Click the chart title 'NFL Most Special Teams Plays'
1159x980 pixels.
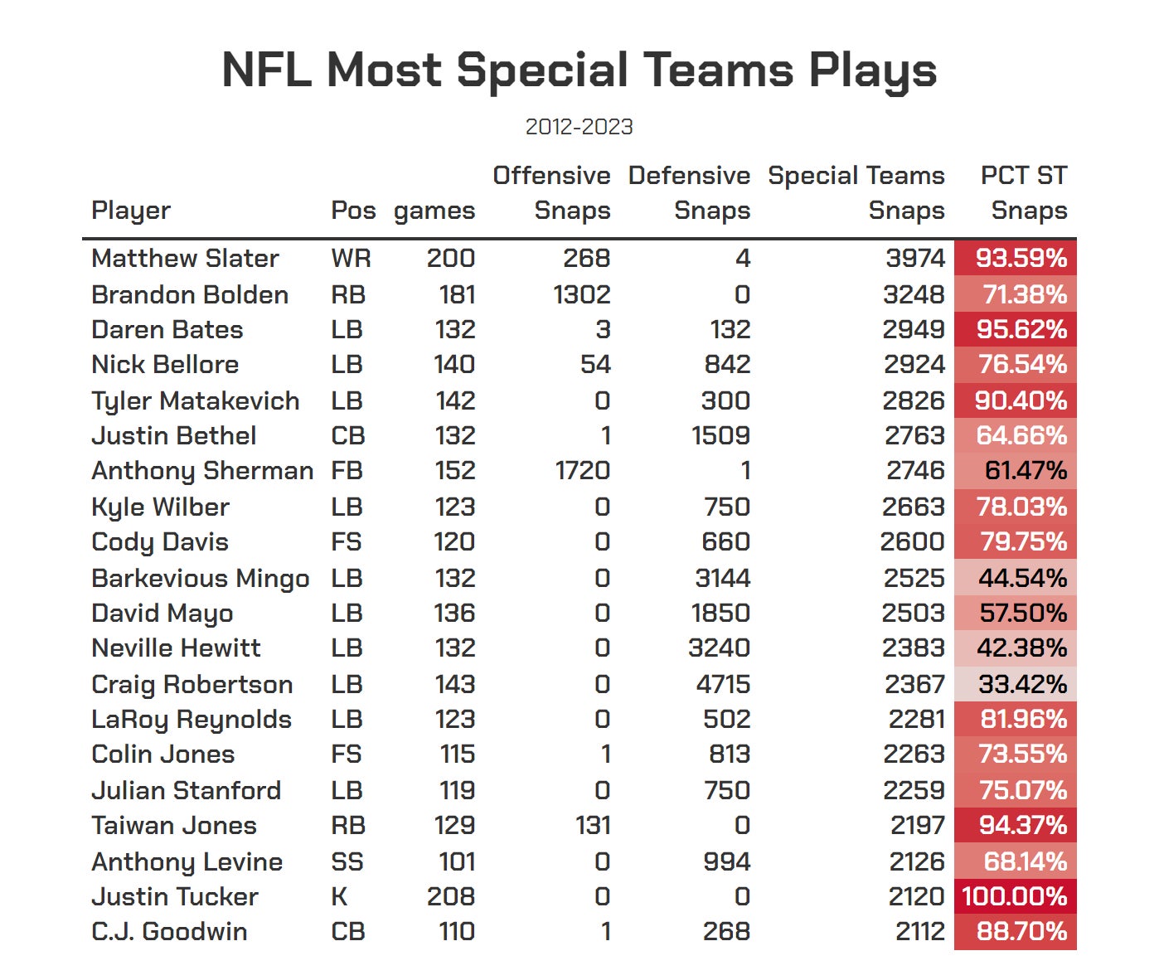click(x=579, y=70)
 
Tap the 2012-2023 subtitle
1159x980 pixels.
click(x=579, y=127)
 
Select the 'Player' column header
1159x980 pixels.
click(x=131, y=211)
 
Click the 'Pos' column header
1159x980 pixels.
click(x=353, y=211)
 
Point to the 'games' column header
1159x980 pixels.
click(x=434, y=211)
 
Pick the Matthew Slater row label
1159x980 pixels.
click(x=185, y=258)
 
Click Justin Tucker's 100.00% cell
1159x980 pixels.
click(x=1015, y=896)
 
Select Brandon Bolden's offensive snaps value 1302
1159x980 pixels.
click(x=582, y=294)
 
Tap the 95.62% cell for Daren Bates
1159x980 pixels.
click(x=1021, y=329)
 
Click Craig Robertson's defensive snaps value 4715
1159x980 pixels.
click(x=719, y=684)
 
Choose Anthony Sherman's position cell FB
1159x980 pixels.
click(x=347, y=470)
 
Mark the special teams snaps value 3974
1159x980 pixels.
click(x=915, y=258)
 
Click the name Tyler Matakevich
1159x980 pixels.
click(x=195, y=400)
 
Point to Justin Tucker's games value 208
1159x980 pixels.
click(x=450, y=896)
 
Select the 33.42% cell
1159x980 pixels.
click(x=1021, y=684)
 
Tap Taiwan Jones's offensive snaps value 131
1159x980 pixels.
click(x=593, y=825)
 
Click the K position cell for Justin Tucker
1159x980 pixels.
click(x=339, y=896)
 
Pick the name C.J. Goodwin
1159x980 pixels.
click(x=169, y=931)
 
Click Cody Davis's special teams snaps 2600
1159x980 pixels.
click(x=912, y=541)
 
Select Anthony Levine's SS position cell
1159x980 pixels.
click(x=347, y=861)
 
